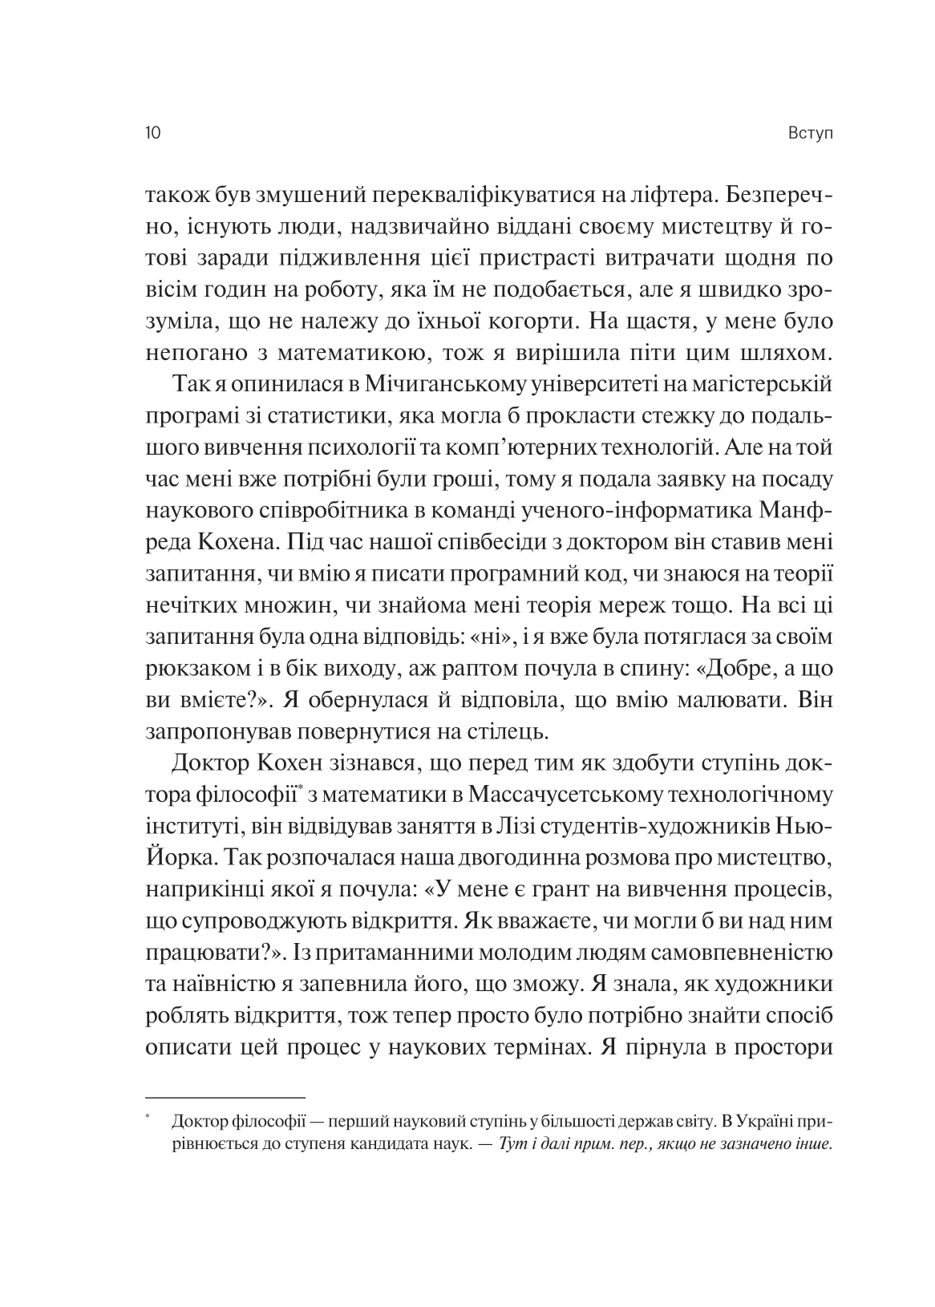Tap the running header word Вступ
(x=811, y=133)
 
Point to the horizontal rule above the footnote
(x=225, y=1097)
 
